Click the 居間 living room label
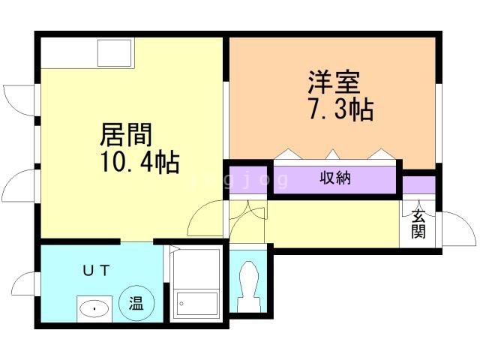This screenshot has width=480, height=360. click(x=126, y=135)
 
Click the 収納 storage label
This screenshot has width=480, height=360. click(x=336, y=178)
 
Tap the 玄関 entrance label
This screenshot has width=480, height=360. click(x=418, y=223)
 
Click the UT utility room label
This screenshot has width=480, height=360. click(x=96, y=269)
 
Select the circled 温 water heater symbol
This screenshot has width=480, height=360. click(x=137, y=304)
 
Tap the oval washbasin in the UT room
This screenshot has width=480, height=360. click(x=94, y=307)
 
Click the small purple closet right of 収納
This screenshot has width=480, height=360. click(x=419, y=184)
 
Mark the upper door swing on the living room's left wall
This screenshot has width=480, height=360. click(x=20, y=98)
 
